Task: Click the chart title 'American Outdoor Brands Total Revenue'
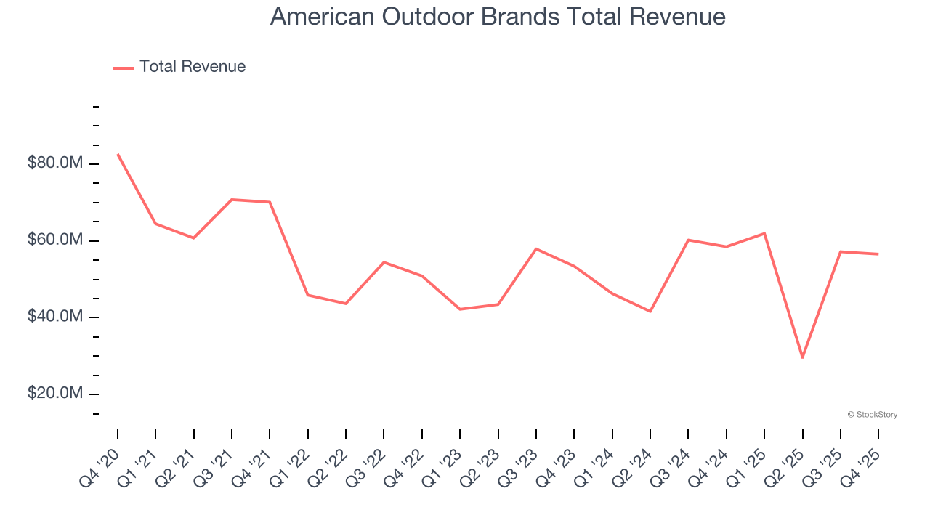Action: pyautogui.click(x=498, y=17)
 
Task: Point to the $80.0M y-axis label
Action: pyautogui.click(x=55, y=163)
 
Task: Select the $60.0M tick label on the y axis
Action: pyautogui.click(x=55, y=240)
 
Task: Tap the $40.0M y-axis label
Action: pyautogui.click(x=55, y=317)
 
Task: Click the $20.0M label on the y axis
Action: pyautogui.click(x=55, y=393)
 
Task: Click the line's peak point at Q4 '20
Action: pyautogui.click(x=118, y=154)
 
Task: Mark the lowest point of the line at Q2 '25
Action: pyautogui.click(x=802, y=357)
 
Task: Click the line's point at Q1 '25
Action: pyautogui.click(x=764, y=233)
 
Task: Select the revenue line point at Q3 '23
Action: pyautogui.click(x=536, y=248)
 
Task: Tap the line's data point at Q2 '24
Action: pyautogui.click(x=650, y=312)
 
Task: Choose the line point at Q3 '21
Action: pyautogui.click(x=232, y=199)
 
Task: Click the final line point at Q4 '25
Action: pyautogui.click(x=878, y=254)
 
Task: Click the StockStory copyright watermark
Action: pyautogui.click(x=872, y=415)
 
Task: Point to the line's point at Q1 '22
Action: pyautogui.click(x=308, y=295)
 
